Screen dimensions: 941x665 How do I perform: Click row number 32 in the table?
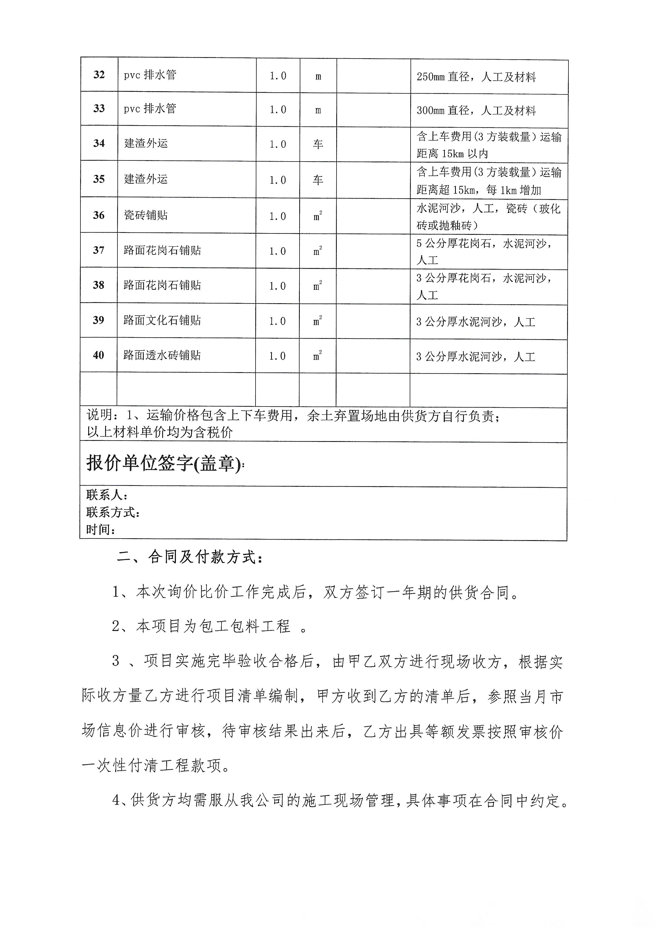coord(99,75)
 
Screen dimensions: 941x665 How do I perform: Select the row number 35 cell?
coord(99,179)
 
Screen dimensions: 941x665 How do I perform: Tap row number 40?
coord(98,355)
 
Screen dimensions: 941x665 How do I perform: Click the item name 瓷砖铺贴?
coord(146,215)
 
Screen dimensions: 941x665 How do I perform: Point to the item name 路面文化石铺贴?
coord(162,320)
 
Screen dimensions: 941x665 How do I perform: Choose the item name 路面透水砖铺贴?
coord(162,355)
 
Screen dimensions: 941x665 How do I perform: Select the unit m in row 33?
coord(318,110)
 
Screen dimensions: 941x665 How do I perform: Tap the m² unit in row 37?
coord(318,251)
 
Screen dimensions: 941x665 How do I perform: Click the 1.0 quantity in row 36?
coord(278,216)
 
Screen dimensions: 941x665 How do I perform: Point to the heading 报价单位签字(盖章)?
coord(164,464)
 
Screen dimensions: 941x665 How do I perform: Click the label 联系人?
coord(107,495)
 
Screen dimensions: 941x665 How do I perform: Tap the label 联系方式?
coord(113,512)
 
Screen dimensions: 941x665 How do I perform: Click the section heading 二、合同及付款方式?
coord(190,557)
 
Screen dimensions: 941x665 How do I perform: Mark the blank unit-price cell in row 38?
coord(373,286)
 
